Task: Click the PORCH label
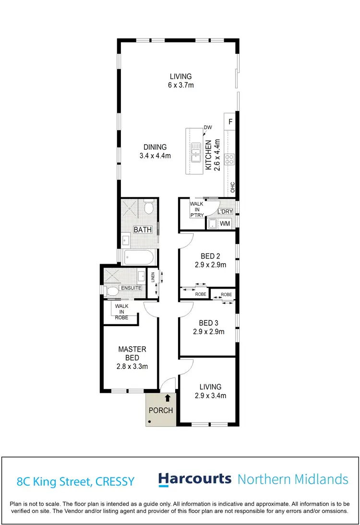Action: pos(161,410)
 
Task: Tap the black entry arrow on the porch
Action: pos(168,398)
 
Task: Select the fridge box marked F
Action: pos(230,122)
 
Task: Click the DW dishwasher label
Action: pos(207,127)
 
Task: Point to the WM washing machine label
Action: pos(224,224)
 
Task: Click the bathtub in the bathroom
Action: pos(139,257)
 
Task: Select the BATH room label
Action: pos(143,230)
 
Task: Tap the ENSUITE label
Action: pos(131,288)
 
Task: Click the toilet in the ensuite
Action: pos(112,291)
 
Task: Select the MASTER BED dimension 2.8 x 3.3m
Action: pos(132,366)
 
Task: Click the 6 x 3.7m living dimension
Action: pos(181,85)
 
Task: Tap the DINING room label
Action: pos(154,147)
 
